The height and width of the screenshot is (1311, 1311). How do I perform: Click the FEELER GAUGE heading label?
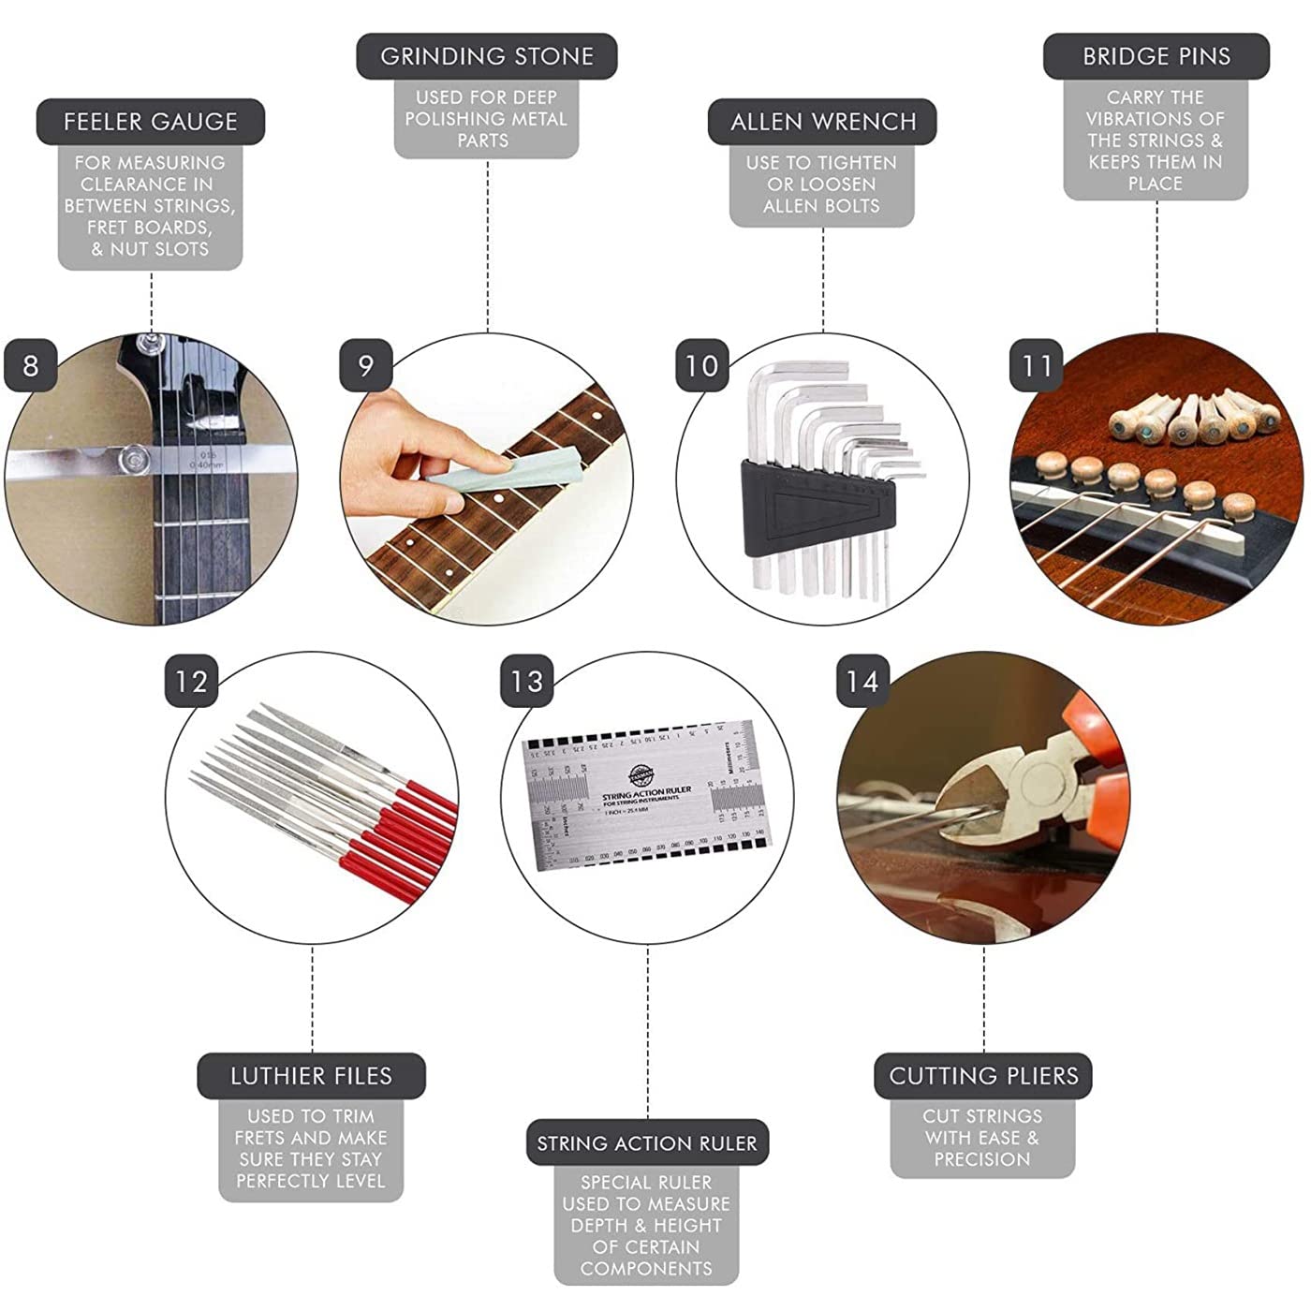(150, 122)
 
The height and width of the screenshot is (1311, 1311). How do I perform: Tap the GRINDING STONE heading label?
(486, 56)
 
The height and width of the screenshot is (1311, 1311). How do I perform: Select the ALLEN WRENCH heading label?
(822, 122)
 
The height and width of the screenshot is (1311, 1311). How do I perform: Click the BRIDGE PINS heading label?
(1156, 56)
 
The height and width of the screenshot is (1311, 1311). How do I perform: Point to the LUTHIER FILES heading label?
(311, 1076)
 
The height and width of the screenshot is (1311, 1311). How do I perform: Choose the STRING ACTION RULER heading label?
(646, 1143)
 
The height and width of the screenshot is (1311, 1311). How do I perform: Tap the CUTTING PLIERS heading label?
(983, 1076)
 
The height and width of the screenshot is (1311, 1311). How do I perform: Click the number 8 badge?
(31, 365)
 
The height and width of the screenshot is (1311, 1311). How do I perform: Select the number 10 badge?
(701, 365)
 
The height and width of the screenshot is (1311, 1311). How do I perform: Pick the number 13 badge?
(526, 681)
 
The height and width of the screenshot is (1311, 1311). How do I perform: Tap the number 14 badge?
(862, 681)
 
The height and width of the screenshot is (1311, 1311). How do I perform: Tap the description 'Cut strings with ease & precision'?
(981, 1138)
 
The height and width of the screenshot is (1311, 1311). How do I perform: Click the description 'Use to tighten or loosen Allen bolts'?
(821, 184)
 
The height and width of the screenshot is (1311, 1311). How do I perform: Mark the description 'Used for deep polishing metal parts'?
(486, 119)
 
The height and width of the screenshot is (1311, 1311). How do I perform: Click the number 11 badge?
(1037, 365)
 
